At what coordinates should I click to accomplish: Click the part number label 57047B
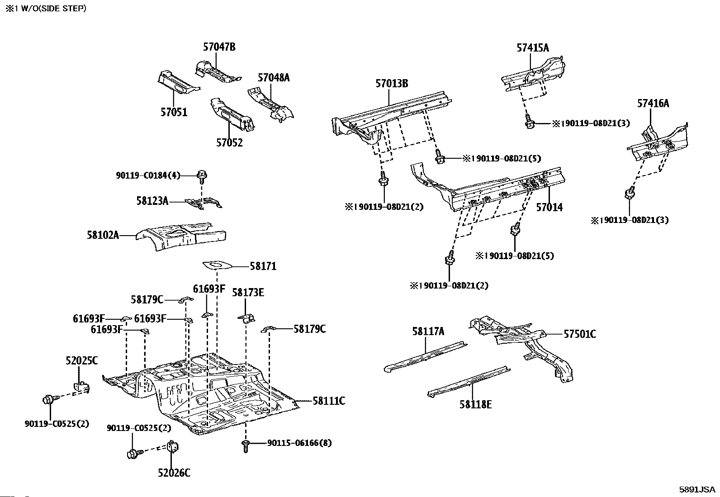tap(219, 47)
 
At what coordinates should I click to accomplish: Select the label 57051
tap(174, 112)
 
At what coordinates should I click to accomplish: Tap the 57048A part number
tap(274, 77)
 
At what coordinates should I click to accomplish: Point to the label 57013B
tap(392, 84)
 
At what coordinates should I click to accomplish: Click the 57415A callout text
tap(533, 48)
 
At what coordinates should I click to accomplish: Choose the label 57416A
tap(653, 103)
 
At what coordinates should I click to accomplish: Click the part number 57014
tap(549, 208)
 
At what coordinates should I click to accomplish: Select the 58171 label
tap(263, 266)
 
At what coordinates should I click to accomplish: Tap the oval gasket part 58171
tap(216, 263)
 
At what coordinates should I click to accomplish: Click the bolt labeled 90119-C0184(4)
tap(202, 175)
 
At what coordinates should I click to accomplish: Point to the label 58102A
tap(103, 235)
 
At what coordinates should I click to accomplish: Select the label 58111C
tap(329, 401)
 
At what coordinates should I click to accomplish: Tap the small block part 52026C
tap(171, 446)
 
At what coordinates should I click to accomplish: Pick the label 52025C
tap(81, 361)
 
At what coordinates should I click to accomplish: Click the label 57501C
tap(579, 334)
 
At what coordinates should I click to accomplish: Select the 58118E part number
tap(475, 404)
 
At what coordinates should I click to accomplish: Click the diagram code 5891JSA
tap(697, 489)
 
